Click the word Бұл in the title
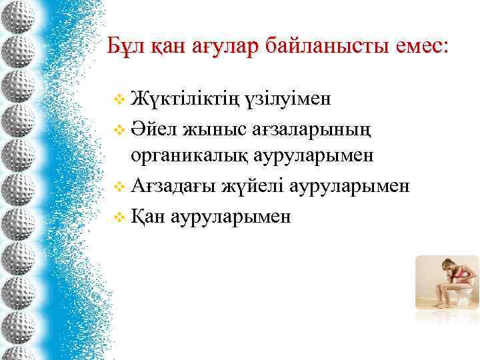point(126,47)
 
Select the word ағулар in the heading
point(224,47)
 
